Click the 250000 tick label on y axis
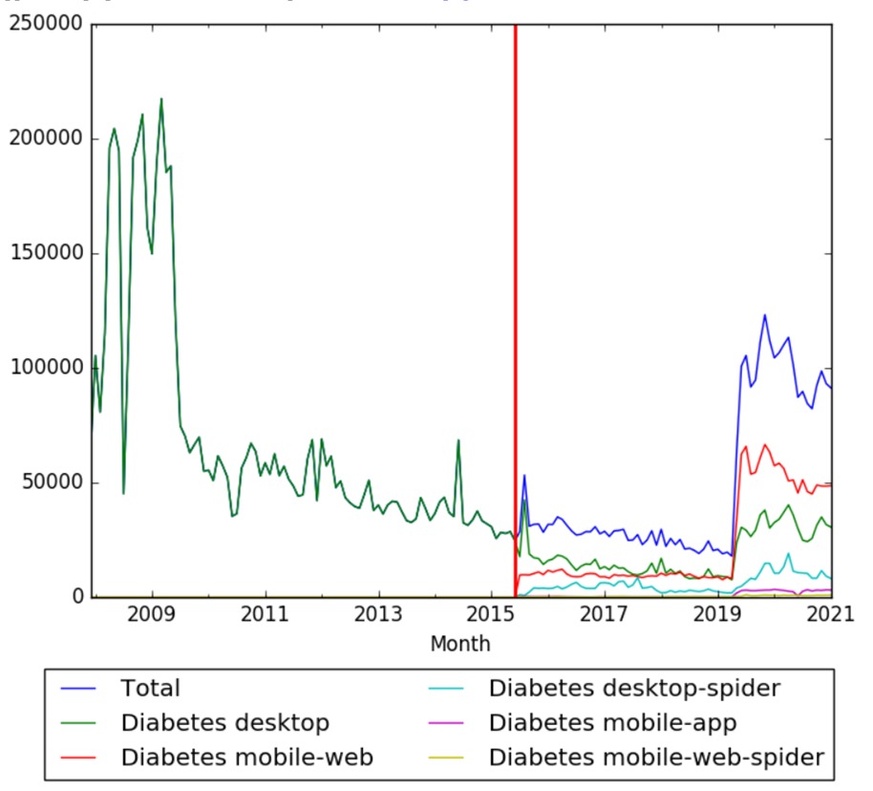point(44,25)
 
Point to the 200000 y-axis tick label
point(44,139)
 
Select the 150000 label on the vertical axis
point(44,254)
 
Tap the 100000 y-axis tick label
point(44,369)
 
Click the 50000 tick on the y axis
point(50,483)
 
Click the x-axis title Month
point(459,644)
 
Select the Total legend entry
point(150,688)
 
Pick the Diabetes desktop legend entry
point(224,722)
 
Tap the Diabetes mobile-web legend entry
point(246,757)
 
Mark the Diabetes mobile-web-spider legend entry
point(655,757)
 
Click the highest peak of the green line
point(160,98)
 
